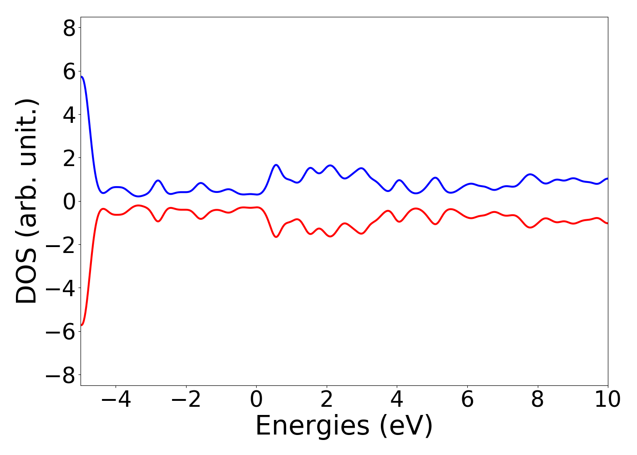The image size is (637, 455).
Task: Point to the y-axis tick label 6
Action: pos(69,72)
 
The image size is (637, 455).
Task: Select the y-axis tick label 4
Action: pos(69,115)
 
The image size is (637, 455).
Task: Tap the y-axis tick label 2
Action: pos(69,159)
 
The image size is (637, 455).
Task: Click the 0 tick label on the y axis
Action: pos(69,202)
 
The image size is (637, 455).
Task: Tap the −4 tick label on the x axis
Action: pos(116,399)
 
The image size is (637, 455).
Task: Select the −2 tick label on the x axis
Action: pos(186,399)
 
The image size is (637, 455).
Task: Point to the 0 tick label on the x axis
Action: pos(256,399)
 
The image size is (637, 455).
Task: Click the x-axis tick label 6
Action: pos(467,399)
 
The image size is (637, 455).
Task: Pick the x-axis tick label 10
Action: pos(607,399)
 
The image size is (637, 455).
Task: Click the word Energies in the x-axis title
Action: pos(312,426)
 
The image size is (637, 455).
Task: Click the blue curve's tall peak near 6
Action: pos(82,77)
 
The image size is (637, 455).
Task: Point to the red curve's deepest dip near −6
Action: pos(82,325)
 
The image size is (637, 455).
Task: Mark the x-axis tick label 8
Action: pos(537,399)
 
